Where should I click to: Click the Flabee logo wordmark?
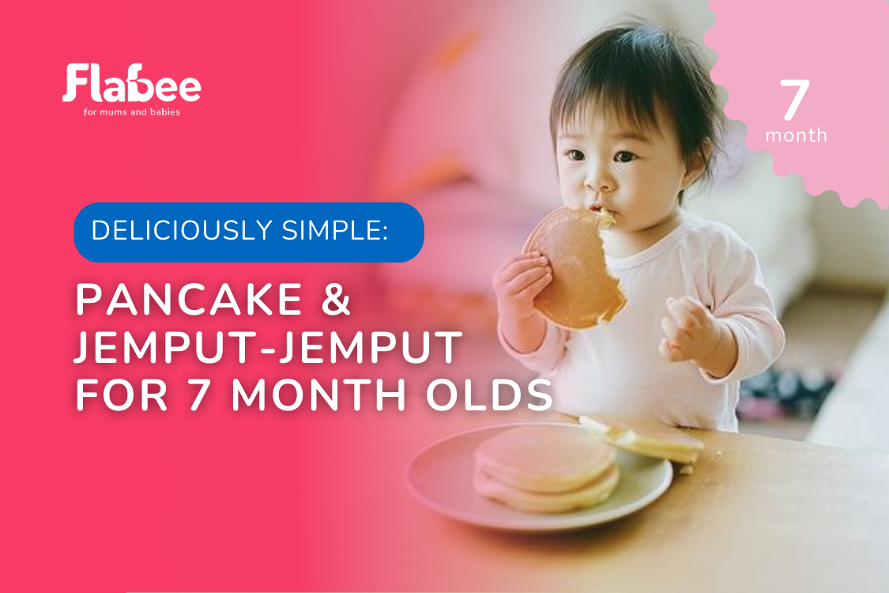[131, 84]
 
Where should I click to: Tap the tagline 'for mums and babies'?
[131, 111]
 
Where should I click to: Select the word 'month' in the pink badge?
[796, 136]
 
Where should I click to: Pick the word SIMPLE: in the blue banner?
[335, 230]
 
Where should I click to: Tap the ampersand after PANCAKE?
[336, 299]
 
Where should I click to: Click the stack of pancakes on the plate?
[545, 469]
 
